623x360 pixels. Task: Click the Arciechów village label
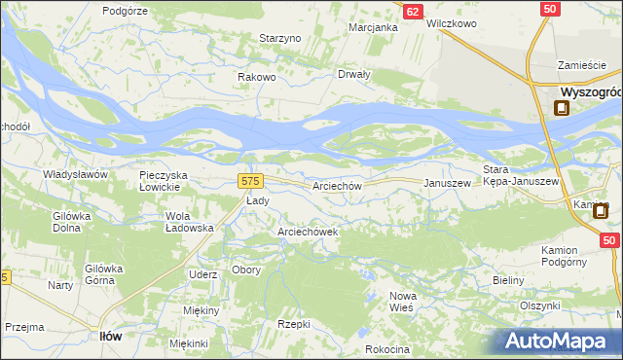click(338, 185)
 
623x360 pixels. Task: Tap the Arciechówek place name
click(308, 233)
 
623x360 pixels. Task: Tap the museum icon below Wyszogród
click(562, 109)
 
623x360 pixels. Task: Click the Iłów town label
click(111, 336)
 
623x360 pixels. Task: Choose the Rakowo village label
click(258, 77)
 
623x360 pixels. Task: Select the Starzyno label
click(280, 38)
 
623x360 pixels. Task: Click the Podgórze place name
click(124, 10)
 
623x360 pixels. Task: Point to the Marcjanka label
click(374, 27)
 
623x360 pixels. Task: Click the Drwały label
click(353, 74)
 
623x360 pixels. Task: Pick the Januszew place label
click(447, 183)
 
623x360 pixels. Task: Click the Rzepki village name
click(293, 324)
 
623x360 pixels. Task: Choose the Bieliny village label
click(508, 280)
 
